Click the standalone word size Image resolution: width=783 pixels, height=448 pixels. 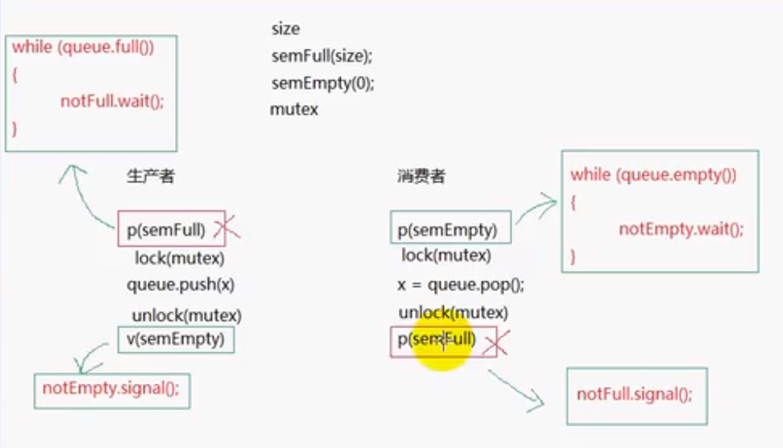coord(285,30)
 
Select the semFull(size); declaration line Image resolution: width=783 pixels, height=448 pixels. coord(322,57)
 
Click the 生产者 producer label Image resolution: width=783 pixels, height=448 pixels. coord(150,176)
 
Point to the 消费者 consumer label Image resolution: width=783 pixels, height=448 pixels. coord(421,176)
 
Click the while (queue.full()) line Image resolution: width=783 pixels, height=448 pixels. coord(83,47)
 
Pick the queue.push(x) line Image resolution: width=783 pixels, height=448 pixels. coord(180,285)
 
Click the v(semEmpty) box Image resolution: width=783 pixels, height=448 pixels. coord(176,339)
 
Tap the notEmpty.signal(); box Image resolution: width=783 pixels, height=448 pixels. coord(111,389)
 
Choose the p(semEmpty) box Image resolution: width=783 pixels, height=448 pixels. coord(450,229)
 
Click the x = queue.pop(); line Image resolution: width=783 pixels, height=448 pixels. coord(461,285)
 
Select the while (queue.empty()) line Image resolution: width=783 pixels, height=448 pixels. coord(653,175)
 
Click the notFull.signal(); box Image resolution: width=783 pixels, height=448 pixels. coord(634,394)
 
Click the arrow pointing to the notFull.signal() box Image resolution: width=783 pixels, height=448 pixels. coord(516,389)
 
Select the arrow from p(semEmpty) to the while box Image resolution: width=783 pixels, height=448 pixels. coord(536,207)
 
